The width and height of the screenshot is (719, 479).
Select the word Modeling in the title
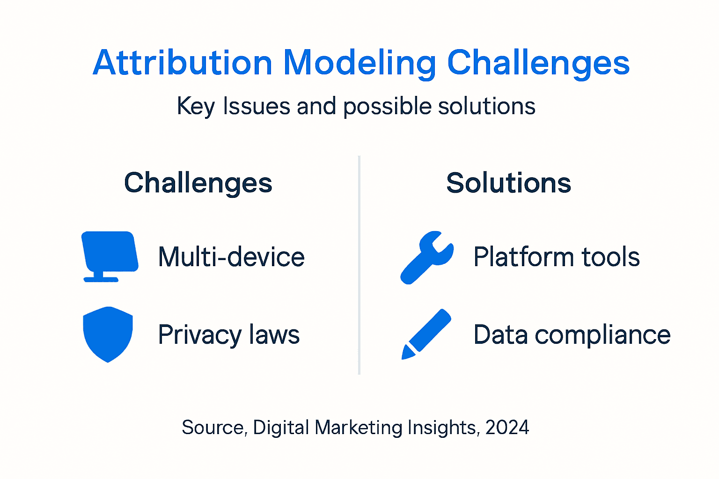(359, 64)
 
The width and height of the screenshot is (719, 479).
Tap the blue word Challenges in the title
(538, 64)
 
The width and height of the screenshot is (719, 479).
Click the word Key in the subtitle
(195, 107)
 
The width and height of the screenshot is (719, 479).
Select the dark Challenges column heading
(198, 183)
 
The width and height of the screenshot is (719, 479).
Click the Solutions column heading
(508, 183)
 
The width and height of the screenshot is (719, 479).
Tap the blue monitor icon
(110, 255)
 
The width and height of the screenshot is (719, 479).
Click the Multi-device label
(231, 257)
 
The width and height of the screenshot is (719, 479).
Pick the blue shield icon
(108, 334)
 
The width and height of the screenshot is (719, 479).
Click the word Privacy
(199, 335)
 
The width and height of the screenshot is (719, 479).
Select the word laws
(274, 334)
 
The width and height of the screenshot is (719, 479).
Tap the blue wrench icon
(426, 257)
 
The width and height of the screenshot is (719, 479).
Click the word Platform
(523, 257)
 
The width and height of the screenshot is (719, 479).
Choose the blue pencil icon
(426, 334)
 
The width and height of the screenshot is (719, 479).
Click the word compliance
(602, 335)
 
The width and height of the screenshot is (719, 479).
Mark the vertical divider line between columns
(359, 265)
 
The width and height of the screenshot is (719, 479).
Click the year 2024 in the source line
(507, 428)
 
